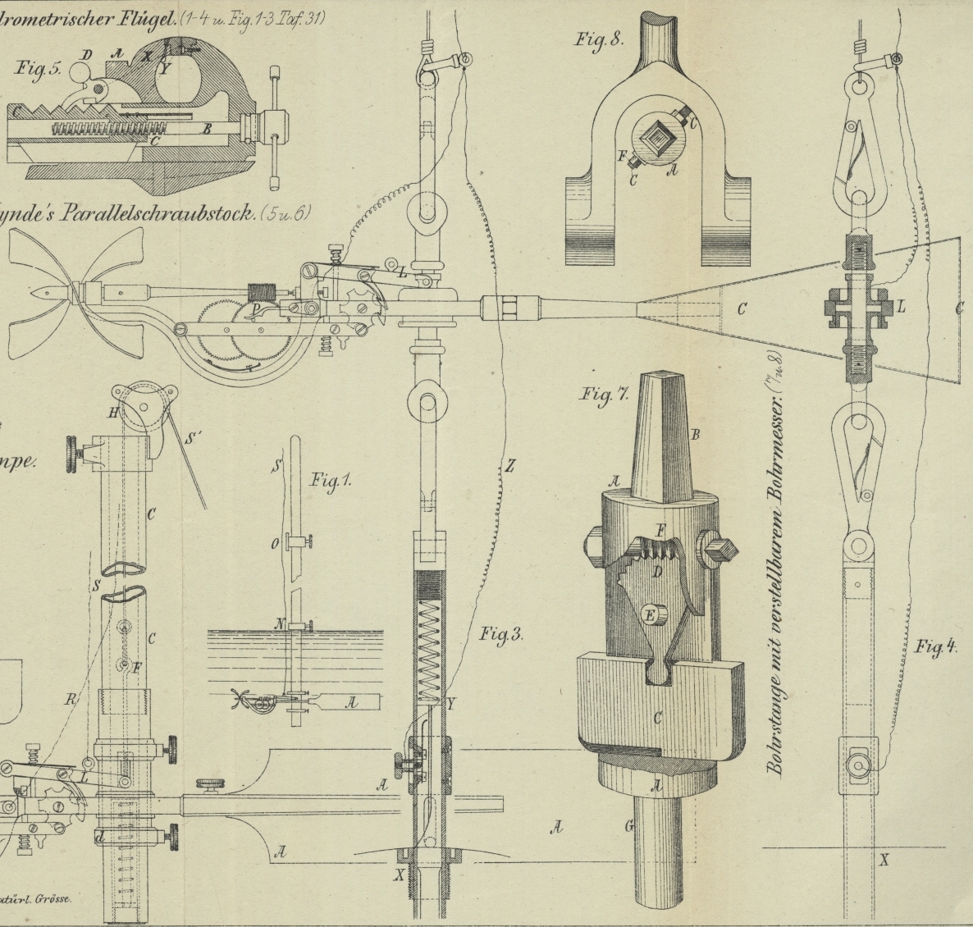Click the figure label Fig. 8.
click(x=599, y=39)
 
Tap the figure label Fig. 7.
click(x=605, y=395)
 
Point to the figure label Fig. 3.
click(x=502, y=634)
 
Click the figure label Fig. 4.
click(x=936, y=646)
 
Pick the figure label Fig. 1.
click(x=331, y=481)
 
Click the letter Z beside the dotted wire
click(x=509, y=467)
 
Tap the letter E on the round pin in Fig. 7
click(x=651, y=614)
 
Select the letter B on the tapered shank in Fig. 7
click(x=695, y=435)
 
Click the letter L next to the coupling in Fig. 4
click(x=901, y=307)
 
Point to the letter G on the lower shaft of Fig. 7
click(x=629, y=825)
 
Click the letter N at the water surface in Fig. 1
click(x=279, y=624)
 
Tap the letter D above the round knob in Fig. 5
click(x=86, y=56)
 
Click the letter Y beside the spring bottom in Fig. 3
click(x=450, y=704)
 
